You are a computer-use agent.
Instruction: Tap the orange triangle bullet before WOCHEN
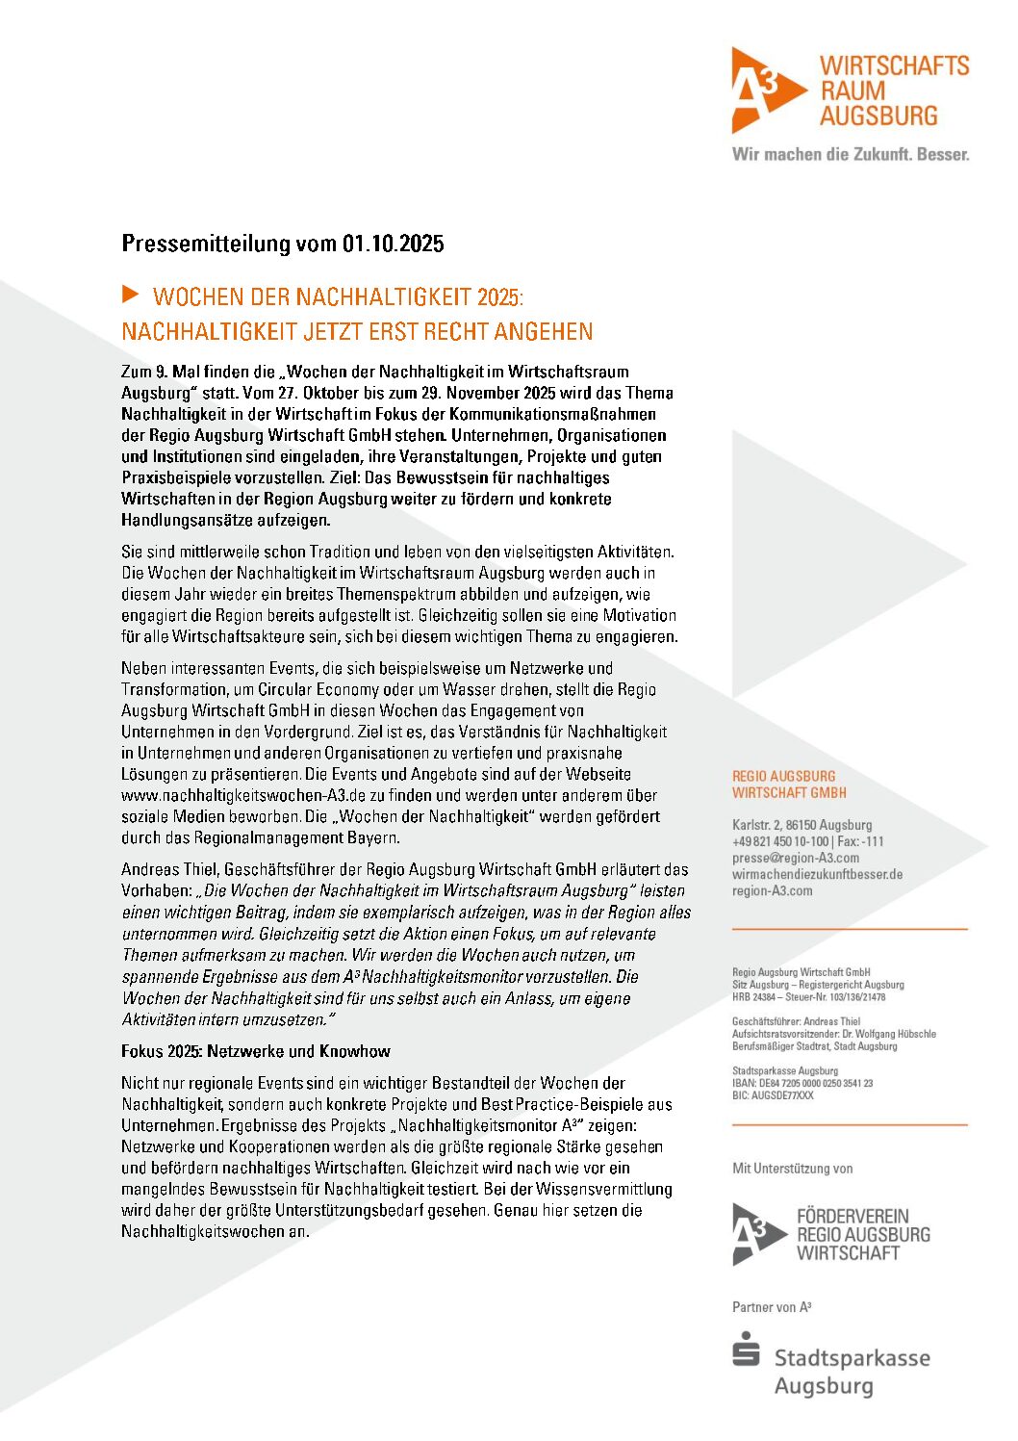131,294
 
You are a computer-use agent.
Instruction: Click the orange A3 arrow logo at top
765,90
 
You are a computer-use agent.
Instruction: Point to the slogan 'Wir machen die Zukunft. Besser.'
850,154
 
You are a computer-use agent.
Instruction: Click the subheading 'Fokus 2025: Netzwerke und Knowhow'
256,1051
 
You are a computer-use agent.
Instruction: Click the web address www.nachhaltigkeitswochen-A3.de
243,795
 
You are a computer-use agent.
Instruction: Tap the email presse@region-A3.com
795,858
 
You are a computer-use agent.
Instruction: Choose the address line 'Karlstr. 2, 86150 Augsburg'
802,825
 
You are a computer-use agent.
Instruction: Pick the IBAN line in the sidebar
802,1083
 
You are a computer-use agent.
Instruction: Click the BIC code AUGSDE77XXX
773,1095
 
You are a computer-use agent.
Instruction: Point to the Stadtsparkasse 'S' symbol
746,1350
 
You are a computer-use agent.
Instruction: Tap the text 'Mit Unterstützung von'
792,1169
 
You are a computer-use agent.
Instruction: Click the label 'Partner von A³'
772,1307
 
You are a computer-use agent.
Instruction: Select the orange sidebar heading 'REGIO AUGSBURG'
783,776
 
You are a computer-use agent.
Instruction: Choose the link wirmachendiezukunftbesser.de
817,874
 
